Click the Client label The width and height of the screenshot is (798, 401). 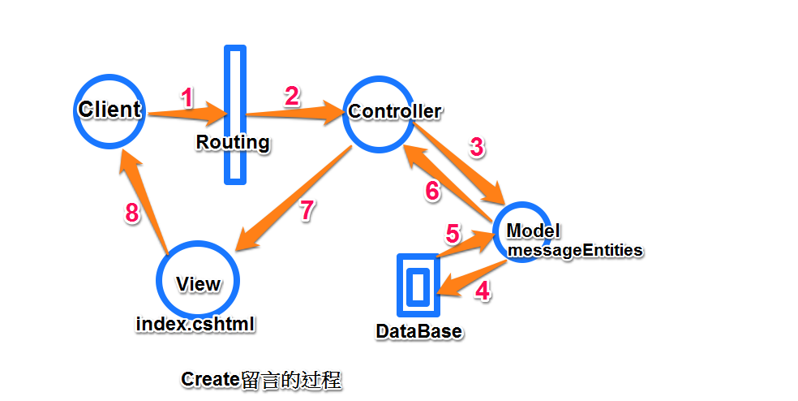point(109,110)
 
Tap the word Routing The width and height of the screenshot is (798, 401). point(233,142)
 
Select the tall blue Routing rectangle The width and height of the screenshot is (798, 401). point(235,114)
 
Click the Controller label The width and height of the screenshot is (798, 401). point(395,111)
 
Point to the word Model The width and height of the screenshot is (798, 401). point(534,231)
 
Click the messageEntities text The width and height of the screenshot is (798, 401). point(575,250)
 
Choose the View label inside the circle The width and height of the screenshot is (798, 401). point(198,284)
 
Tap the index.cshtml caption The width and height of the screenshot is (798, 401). point(195,324)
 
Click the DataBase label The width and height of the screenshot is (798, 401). point(418,331)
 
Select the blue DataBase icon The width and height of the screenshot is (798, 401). point(418,286)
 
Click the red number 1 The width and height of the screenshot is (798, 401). point(187,98)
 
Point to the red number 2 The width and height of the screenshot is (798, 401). point(292,97)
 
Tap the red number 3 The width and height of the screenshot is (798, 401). point(477,147)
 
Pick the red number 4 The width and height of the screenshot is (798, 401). point(483,291)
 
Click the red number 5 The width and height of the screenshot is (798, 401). point(453,234)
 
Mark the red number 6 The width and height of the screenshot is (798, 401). point(432,191)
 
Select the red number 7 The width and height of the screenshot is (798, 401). point(307,210)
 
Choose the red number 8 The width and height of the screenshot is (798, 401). point(132,213)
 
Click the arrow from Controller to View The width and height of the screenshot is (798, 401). point(293,198)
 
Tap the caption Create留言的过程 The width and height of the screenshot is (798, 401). point(261,380)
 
